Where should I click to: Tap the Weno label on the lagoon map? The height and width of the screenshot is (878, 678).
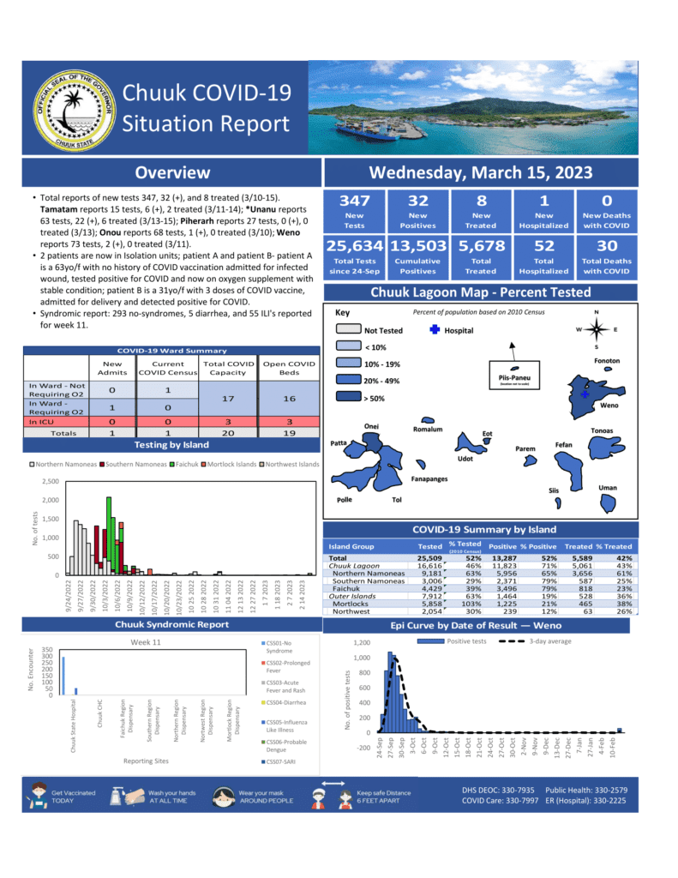[x=609, y=405]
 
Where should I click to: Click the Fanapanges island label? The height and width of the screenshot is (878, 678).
[x=429, y=478]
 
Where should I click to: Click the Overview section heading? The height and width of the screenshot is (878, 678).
[x=172, y=173]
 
